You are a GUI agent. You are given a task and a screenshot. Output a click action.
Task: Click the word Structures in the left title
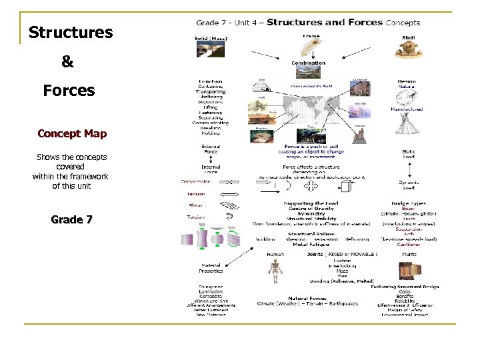coord(71,33)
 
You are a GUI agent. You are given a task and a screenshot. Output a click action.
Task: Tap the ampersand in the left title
coord(67,62)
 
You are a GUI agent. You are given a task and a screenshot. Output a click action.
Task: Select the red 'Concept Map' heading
coord(72,133)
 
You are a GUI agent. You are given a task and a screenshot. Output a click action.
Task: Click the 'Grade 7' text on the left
coord(71,219)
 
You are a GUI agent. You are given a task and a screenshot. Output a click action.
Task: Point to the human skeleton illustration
coord(274,270)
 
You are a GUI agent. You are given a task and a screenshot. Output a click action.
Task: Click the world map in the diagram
coord(313,111)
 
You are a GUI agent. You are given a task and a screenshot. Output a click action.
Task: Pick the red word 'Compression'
coord(199,181)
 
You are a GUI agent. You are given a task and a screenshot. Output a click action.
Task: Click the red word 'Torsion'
coord(195,217)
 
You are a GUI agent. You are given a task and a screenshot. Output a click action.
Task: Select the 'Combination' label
coord(308,64)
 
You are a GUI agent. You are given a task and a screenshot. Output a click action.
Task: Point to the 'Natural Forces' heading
coord(307,298)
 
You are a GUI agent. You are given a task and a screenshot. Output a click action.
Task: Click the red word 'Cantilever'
coord(409,244)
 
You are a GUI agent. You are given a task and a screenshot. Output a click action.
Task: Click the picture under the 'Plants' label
coord(409,270)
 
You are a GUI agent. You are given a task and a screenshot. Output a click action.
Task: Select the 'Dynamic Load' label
coord(409,185)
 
